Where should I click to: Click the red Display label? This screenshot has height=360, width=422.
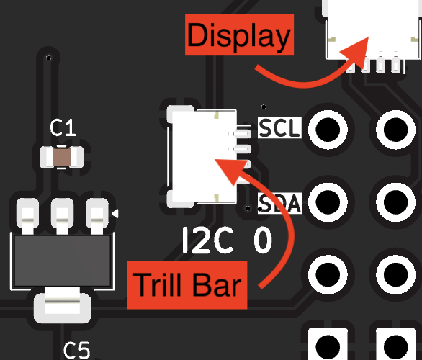[239, 35]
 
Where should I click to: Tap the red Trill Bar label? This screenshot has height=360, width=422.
[187, 285]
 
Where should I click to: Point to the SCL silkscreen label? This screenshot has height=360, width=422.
[279, 128]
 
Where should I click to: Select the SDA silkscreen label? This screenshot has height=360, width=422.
[279, 203]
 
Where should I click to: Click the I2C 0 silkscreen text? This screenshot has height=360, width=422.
[227, 240]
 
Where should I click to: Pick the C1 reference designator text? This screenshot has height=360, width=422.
[63, 128]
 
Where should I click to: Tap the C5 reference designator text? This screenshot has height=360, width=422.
[76, 351]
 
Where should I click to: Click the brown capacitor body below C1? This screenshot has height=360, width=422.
[62, 158]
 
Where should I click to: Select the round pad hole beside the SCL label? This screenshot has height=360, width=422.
[328, 130]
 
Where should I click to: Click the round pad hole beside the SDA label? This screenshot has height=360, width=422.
[328, 202]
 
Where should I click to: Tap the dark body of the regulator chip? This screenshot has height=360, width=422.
[62, 261]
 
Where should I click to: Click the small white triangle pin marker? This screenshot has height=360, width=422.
[115, 214]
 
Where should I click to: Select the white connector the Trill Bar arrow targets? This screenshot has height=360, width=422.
[205, 156]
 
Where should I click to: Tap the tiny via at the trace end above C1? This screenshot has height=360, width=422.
[48, 58]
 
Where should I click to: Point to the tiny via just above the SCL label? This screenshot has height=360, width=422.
[264, 107]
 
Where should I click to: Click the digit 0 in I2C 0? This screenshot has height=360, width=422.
[263, 240]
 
